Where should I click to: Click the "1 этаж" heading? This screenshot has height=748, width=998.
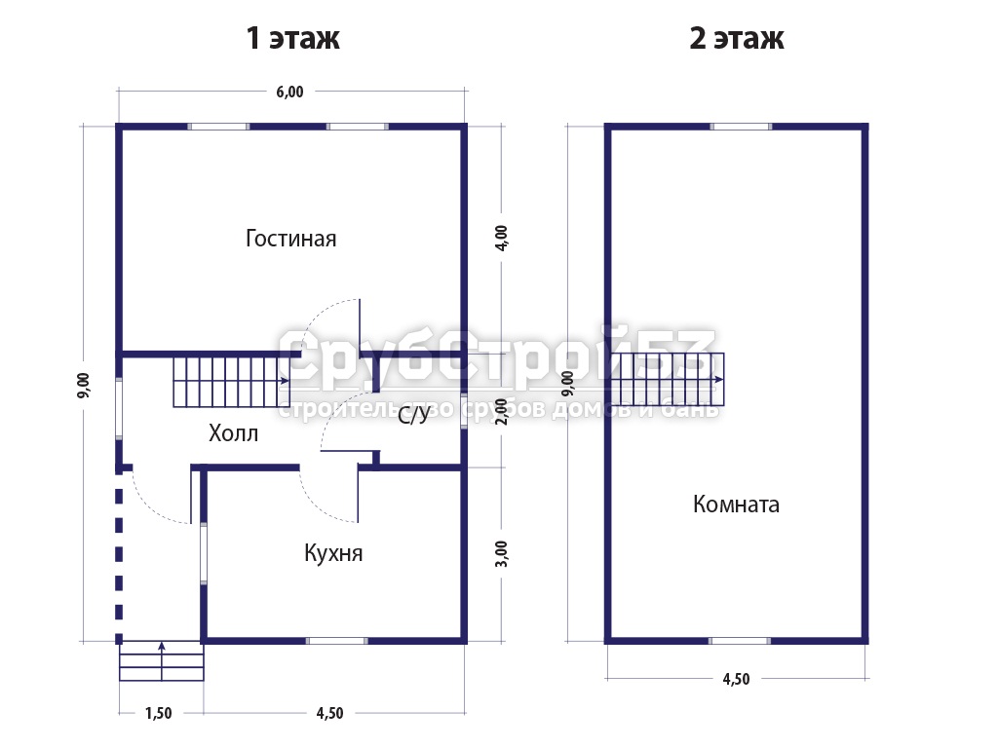[292, 38]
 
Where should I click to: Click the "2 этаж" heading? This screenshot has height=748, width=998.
[737, 38]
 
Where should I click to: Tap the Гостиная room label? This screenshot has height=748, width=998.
[290, 239]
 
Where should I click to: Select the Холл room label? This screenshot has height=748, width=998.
[234, 433]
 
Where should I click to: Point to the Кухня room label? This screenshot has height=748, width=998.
[333, 553]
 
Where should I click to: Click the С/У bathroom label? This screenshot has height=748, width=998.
[413, 416]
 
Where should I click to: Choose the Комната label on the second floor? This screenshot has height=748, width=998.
[737, 504]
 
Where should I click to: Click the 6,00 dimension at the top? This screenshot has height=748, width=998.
[289, 92]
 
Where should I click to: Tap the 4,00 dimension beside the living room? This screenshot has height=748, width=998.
[502, 238]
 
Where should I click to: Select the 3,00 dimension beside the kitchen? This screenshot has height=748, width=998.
[502, 553]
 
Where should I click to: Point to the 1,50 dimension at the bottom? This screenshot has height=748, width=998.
[159, 713]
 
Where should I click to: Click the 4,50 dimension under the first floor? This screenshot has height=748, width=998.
[329, 713]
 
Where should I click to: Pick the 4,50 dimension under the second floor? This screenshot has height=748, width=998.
[736, 679]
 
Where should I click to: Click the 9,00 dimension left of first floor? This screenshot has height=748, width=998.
[84, 386]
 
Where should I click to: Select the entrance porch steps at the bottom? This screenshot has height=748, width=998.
[162, 661]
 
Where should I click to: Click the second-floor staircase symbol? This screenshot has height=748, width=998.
[667, 379]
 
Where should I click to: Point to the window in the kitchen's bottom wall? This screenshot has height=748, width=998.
[336, 641]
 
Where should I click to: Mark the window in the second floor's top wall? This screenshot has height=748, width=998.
[741, 127]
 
